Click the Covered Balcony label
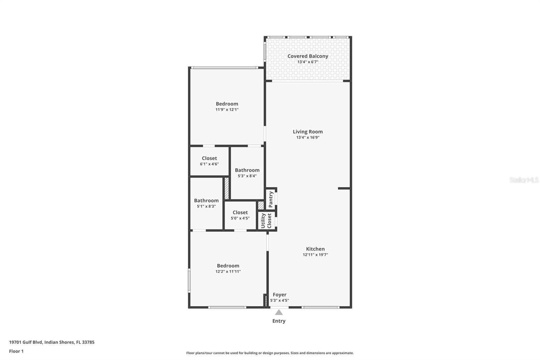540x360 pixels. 307,56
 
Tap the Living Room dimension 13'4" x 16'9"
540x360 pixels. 307,137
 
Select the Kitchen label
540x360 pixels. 315,249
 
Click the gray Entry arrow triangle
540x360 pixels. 279,312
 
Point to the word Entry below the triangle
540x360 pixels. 279,321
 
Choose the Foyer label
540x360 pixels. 279,294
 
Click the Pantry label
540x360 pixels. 271,199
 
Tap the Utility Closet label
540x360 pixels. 266,221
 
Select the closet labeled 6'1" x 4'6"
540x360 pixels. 209,161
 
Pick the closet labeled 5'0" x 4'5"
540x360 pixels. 240,215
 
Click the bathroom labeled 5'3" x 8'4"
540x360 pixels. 247,173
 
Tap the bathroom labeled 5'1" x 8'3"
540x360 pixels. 206,203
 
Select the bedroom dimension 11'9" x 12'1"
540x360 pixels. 227,110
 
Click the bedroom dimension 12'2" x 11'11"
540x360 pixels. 228,272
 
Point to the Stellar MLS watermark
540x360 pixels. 524,180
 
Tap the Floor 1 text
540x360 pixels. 16,351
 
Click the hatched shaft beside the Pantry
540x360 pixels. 261,205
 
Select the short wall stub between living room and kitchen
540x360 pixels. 344,188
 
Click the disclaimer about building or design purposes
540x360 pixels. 270,353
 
